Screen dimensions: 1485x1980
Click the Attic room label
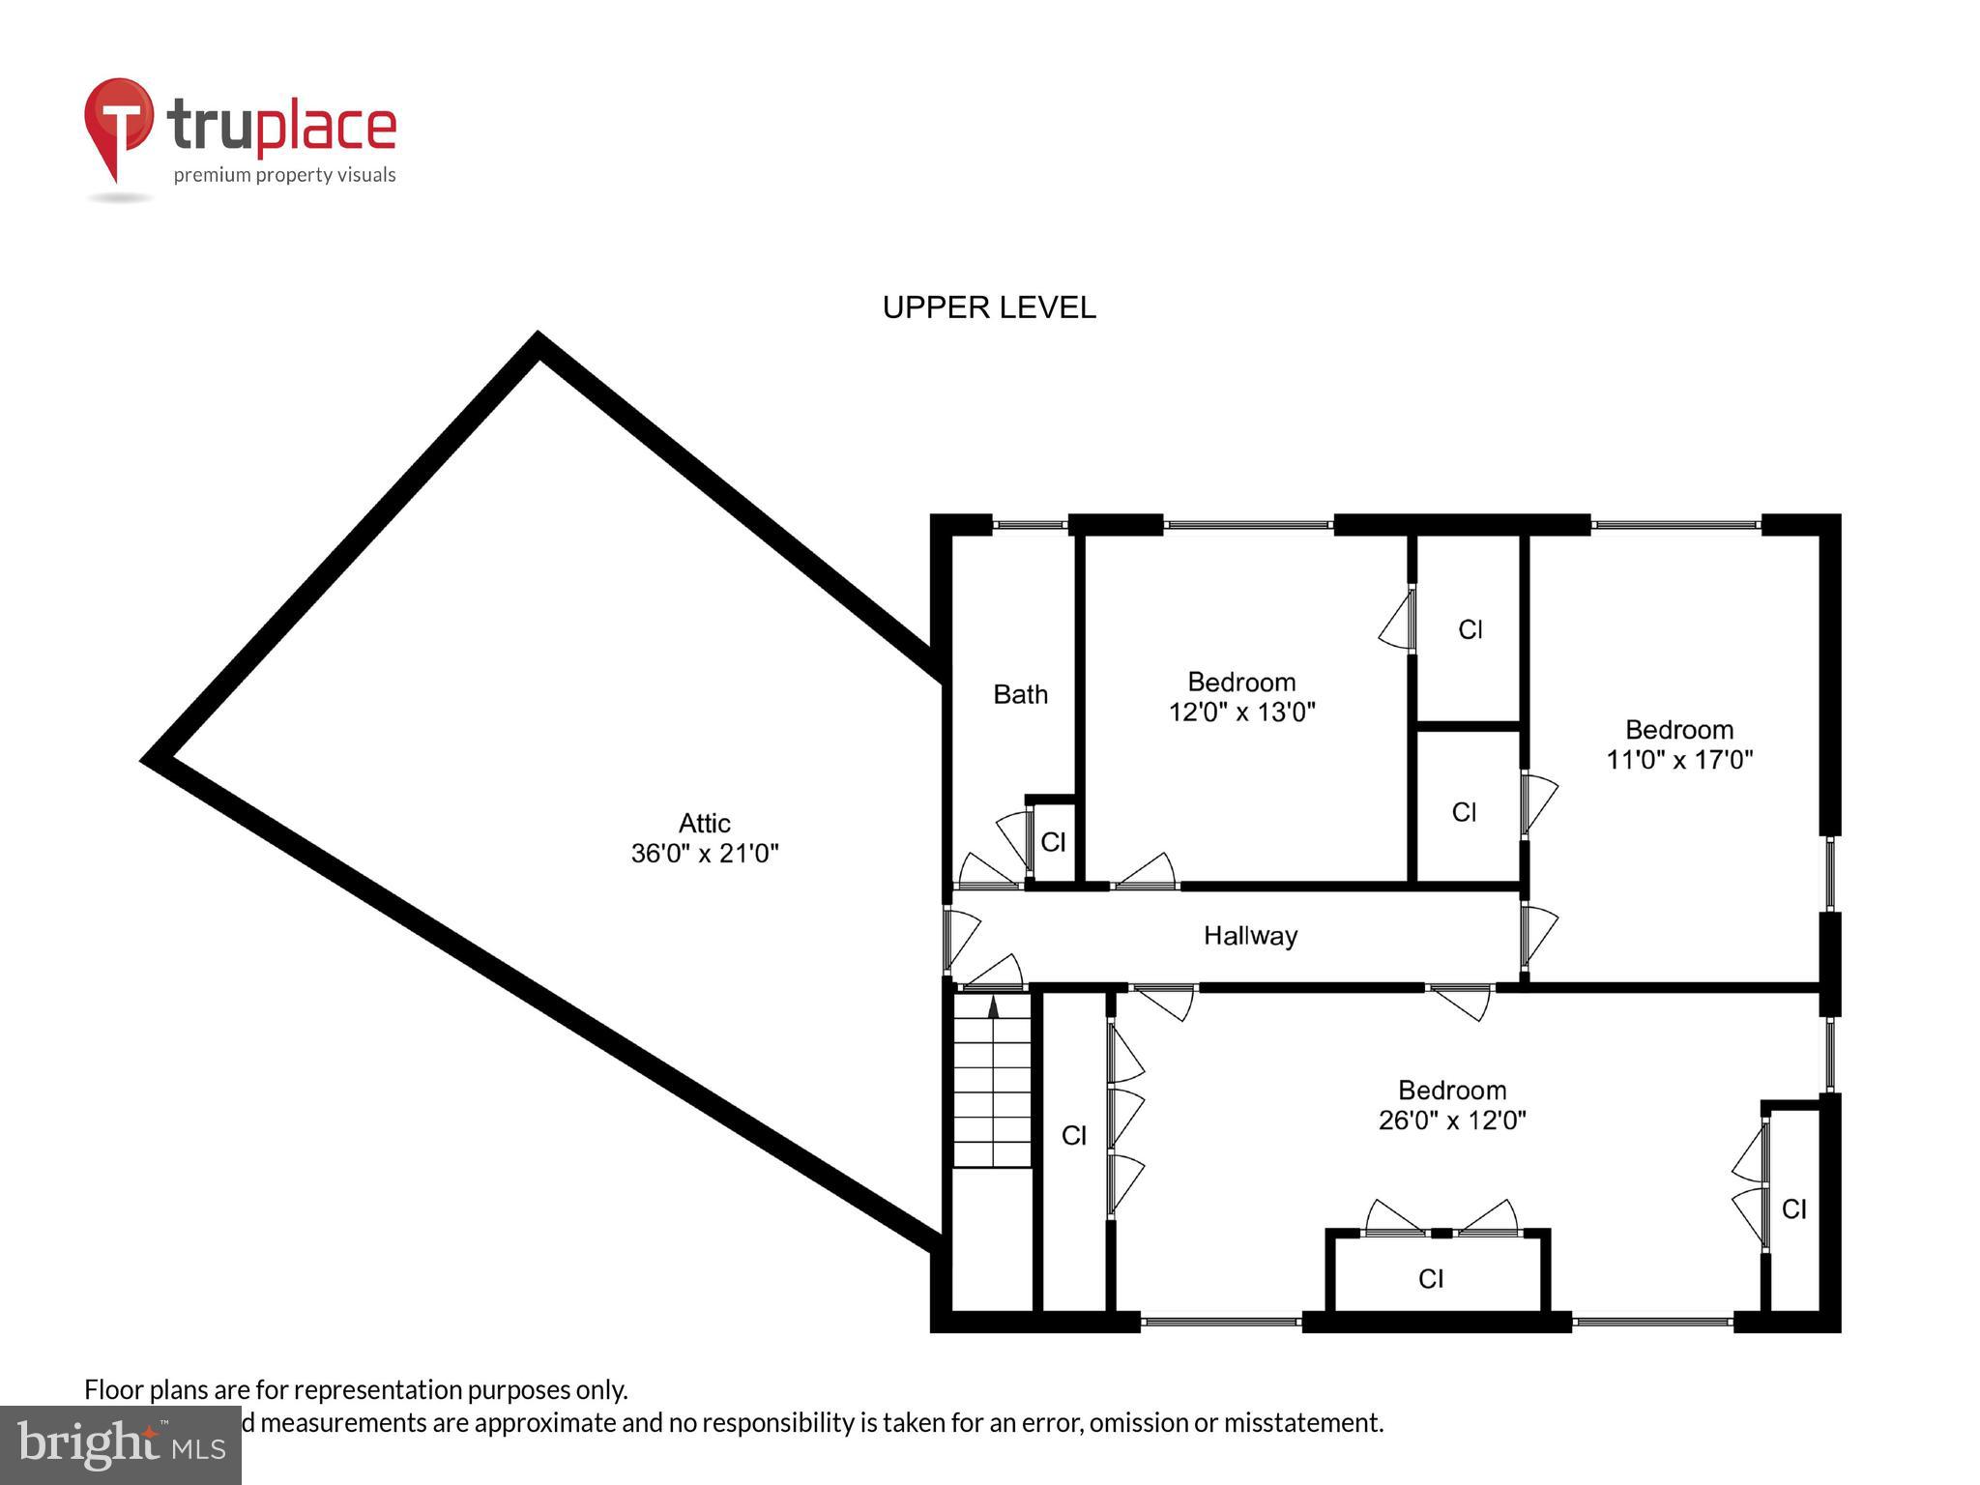704,823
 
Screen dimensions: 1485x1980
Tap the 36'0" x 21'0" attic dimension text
704,854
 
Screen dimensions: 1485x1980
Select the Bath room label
1020,694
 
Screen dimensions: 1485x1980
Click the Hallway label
1250,936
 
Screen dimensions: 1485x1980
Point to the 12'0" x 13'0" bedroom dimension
1241,713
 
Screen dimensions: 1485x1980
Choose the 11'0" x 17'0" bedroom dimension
1679,760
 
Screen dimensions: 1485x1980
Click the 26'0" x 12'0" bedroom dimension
1451,1121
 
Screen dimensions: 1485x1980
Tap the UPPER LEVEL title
988,307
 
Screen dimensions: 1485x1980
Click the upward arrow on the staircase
993,1006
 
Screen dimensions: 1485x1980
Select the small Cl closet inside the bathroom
1053,842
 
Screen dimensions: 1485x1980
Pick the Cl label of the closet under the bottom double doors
1431,1279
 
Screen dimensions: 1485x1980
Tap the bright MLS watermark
120,1444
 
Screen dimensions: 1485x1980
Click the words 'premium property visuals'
284,175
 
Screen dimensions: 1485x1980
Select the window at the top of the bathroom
1030,525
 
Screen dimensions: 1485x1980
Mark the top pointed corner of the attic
539,340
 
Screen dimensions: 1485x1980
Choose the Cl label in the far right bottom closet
1793,1208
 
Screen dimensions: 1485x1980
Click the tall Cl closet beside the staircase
1073,1135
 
